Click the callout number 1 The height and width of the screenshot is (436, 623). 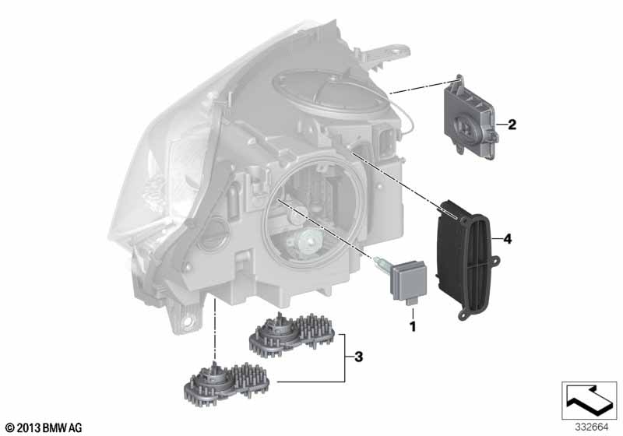413,327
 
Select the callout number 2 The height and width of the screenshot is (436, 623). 512,125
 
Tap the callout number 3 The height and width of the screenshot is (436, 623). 358,357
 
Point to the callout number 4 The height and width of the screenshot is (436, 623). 508,239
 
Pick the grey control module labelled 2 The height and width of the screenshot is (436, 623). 471,117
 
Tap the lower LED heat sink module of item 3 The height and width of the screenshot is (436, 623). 227,383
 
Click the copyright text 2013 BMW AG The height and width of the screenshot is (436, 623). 44,427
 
